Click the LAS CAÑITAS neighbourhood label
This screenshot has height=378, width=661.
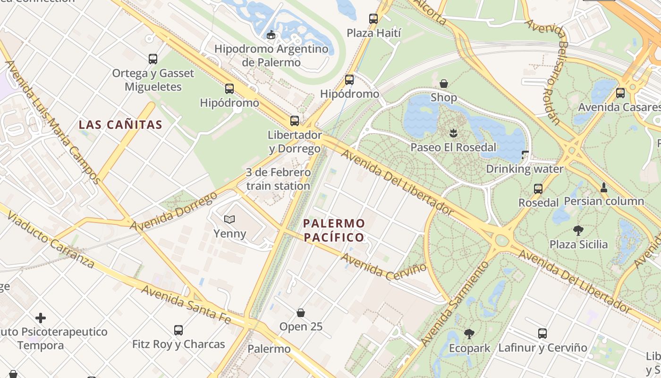coord(120,125)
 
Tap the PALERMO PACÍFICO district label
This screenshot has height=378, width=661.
coord(334,230)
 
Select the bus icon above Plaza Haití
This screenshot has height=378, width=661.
coord(373,19)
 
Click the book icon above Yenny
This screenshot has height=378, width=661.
coord(229,219)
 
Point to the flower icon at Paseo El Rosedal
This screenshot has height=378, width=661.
coord(453,133)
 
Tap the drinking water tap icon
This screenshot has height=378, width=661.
coord(525,155)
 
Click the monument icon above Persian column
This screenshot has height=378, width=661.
coord(603,187)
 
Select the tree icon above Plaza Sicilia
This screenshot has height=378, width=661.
coord(578,231)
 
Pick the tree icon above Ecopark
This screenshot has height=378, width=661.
coord(469,334)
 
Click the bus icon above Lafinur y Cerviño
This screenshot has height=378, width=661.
coord(542,334)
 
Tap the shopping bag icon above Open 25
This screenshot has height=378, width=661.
coord(301,313)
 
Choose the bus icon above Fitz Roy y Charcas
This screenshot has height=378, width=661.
coord(178,330)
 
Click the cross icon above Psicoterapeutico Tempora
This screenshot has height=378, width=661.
coord(41,318)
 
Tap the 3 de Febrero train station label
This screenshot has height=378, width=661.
coord(278,179)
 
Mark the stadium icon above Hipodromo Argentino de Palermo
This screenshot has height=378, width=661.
coord(271,34)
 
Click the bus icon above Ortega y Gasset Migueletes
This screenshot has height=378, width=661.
coord(153,59)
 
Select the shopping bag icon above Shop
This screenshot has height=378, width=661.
coord(444,84)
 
